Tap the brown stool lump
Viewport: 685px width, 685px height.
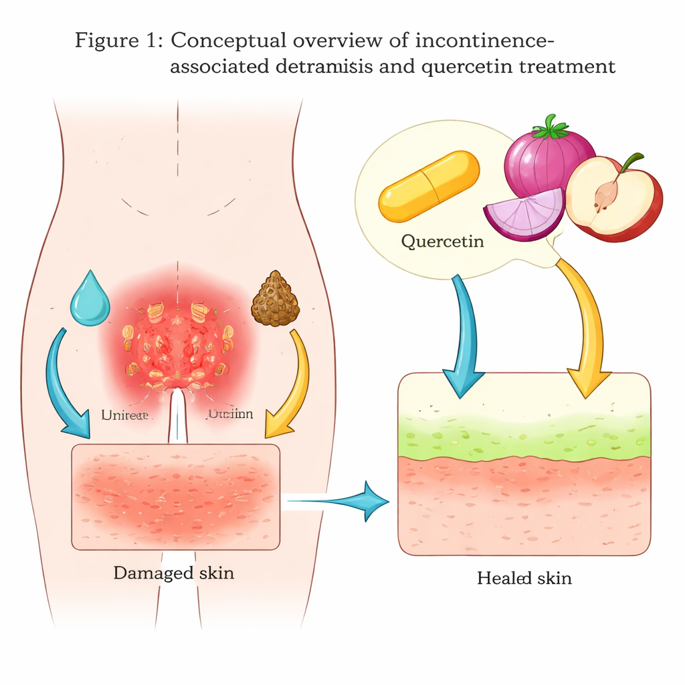pyautogui.click(x=275, y=299)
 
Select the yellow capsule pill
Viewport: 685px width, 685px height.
pyautogui.click(x=429, y=185)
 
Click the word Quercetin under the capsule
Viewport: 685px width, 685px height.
pyautogui.click(x=442, y=240)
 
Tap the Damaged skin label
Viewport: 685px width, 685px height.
pyautogui.click(x=173, y=573)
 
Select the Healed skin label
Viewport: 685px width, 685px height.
pyautogui.click(x=524, y=577)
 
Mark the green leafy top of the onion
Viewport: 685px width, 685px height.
pyautogui.click(x=549, y=126)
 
